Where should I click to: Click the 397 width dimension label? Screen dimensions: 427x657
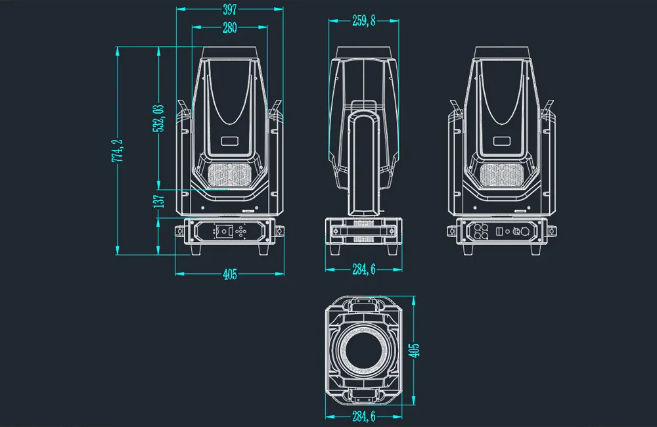[x=229, y=9]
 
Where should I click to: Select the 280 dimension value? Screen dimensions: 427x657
[x=229, y=28]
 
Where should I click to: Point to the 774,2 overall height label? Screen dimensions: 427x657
[x=118, y=152]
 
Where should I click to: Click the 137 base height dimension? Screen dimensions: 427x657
[x=158, y=202]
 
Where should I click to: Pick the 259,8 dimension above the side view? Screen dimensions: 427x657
[x=363, y=21]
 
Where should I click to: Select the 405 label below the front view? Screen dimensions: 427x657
[x=229, y=275]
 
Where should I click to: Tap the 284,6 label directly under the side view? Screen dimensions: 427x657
[x=363, y=270]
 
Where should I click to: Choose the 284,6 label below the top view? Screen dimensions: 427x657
[x=363, y=416]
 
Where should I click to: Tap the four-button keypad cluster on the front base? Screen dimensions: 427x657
[x=241, y=231]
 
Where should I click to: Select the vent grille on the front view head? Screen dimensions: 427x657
[x=229, y=175]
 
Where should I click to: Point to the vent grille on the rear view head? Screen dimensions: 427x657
[x=503, y=175]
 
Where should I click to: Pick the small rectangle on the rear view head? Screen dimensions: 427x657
[x=503, y=141]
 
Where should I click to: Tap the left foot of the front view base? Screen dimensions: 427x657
[x=196, y=250]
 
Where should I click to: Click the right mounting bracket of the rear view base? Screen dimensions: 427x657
[x=553, y=231]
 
